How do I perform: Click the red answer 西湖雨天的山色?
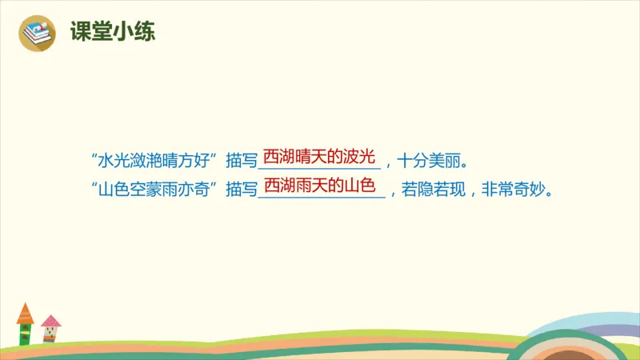(x=319, y=186)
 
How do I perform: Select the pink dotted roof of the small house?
(x=51, y=321)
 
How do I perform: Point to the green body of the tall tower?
(x=25, y=333)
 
